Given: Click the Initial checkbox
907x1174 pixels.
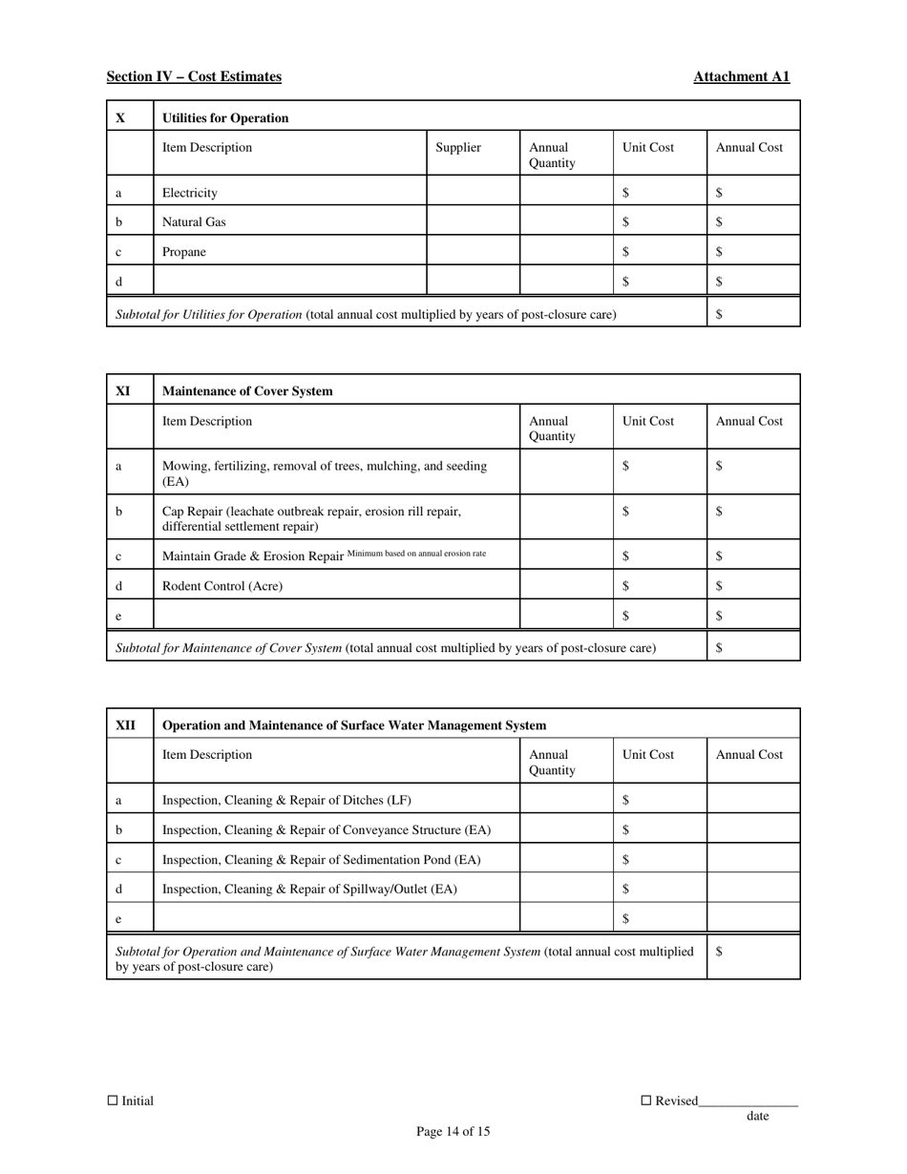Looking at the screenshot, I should click(x=113, y=1100).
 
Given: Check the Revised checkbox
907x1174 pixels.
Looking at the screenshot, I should click(x=645, y=1100).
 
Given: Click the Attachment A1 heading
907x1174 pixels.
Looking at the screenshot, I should click(x=741, y=76).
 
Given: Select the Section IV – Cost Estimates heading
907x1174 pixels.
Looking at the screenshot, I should click(x=194, y=76).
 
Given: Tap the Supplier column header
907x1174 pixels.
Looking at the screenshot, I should click(x=458, y=148).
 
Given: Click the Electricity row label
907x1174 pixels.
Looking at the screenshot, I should click(x=190, y=193).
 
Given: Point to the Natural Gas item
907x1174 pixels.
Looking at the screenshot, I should click(x=194, y=222).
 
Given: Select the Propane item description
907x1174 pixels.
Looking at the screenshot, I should click(x=184, y=252).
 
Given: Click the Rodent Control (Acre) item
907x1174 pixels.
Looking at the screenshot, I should click(x=222, y=586).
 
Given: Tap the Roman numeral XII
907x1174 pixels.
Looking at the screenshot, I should click(x=126, y=725).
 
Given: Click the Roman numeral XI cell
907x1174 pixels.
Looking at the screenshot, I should click(x=123, y=391).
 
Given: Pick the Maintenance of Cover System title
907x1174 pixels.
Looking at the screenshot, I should click(x=248, y=391).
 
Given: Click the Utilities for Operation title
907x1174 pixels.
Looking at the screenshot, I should click(x=225, y=118).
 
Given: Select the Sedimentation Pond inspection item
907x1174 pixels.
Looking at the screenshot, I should click(x=322, y=860).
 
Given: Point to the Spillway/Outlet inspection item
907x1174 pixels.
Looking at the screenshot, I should click(x=310, y=890).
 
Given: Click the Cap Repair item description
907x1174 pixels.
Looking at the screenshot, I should click(x=311, y=518).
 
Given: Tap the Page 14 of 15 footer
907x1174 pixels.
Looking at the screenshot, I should click(x=453, y=1132).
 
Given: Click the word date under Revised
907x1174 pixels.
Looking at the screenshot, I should click(x=757, y=1116).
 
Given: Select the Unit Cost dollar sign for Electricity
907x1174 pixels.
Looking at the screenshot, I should click(x=625, y=193).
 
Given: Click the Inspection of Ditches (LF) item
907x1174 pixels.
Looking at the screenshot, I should click(x=287, y=800).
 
